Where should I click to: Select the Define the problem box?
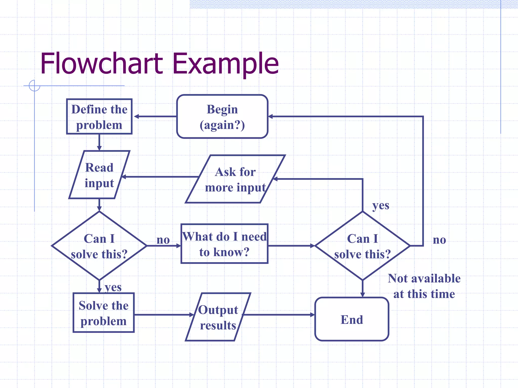99,116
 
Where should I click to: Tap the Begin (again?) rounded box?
222,116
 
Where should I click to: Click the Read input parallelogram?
99,175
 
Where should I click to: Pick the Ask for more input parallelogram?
235,179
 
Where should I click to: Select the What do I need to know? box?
224,244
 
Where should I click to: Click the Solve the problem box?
103,313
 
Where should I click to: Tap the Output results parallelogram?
218,317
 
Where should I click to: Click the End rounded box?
352,319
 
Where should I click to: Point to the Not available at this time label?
424,286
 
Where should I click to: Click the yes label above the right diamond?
380,206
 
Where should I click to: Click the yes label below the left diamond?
113,287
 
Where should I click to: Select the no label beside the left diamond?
163,240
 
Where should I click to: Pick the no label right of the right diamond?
439,240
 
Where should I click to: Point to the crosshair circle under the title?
34,86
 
